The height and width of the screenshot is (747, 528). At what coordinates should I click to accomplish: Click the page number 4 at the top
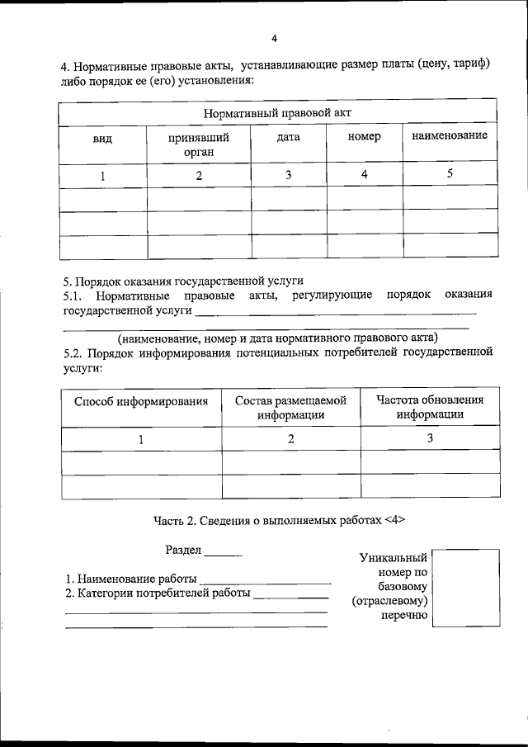274,39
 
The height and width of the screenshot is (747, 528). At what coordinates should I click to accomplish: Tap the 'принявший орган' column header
199,144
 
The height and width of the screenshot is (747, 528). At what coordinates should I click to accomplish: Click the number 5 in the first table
450,173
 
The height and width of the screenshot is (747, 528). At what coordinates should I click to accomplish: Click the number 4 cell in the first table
365,174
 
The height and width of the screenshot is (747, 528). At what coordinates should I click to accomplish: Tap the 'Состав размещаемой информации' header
290,408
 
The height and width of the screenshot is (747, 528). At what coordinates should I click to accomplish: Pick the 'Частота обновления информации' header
430,407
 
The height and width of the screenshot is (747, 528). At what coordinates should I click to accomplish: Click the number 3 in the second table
430,438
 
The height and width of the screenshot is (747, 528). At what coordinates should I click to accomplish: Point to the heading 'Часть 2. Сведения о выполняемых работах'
279,521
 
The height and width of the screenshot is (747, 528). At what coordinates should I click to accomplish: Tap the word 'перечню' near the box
404,616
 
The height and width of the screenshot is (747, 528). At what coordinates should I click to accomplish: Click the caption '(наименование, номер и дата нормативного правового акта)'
278,338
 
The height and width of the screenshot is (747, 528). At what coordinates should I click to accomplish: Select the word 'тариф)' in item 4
474,65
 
